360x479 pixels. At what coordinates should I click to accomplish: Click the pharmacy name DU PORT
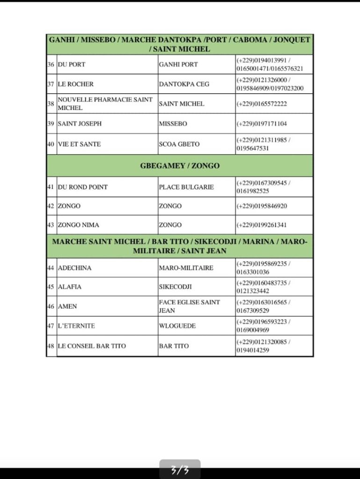(71, 65)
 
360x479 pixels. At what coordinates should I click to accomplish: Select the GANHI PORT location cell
(178, 65)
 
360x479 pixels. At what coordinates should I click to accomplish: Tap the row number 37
(51, 84)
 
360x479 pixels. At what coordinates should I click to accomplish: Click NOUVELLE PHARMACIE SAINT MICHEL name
(105, 104)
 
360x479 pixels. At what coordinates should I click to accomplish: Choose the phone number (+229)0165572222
(262, 104)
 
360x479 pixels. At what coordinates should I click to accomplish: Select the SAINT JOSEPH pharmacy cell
(79, 124)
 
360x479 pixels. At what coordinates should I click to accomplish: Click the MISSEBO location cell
(173, 124)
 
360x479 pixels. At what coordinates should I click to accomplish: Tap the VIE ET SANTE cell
(79, 144)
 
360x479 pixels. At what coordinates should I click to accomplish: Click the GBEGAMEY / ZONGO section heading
(180, 166)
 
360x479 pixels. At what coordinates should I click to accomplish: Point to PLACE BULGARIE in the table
(186, 187)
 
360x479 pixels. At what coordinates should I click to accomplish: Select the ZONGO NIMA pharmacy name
(78, 225)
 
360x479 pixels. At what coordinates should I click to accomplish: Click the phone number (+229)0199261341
(262, 225)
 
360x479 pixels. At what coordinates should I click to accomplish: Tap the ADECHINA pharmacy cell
(74, 268)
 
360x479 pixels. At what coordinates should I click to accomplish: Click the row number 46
(51, 306)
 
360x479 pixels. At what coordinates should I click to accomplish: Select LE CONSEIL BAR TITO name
(91, 346)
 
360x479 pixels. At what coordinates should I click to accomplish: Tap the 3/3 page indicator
(180, 470)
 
